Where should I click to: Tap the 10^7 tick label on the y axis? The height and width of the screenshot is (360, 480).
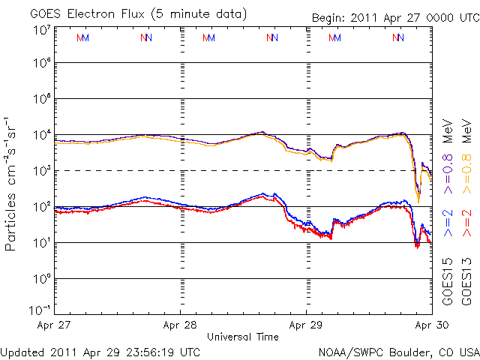coord(42,31)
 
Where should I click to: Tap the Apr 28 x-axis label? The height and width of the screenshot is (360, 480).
coord(181,325)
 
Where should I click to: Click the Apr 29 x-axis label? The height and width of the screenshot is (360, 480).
coord(306,325)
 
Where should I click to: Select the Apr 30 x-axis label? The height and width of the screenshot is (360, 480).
coord(430,325)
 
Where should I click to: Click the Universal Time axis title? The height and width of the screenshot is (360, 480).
coord(243,337)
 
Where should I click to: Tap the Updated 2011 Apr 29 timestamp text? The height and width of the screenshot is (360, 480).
coord(100,351)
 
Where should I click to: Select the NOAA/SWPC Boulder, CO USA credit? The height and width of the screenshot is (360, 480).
coord(398,351)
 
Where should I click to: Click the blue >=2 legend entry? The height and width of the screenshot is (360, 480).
coord(448,223)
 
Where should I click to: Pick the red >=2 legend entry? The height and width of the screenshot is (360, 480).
coord(467,223)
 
